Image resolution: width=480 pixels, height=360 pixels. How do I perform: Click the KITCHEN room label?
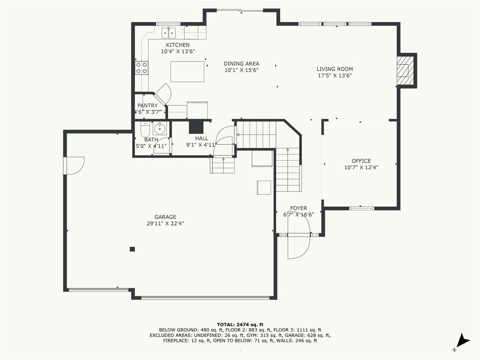click(x=178, y=45)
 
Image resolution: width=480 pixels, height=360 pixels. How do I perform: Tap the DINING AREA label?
click(x=241, y=64)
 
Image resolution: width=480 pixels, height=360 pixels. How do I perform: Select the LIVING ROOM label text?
click(x=335, y=69)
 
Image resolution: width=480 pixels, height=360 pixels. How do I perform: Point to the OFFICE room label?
click(x=361, y=161)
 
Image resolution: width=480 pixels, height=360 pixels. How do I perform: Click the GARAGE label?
click(x=165, y=217)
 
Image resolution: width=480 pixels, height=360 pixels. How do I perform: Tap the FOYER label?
click(x=299, y=208)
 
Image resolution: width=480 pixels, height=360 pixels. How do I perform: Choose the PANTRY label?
click(x=148, y=105)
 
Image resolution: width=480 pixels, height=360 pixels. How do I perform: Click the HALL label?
click(x=202, y=138)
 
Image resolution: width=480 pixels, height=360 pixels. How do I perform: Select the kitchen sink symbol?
click(x=169, y=32)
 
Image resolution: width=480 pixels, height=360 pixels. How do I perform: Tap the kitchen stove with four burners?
click(x=142, y=67)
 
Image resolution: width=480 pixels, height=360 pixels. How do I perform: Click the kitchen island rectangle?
click(x=187, y=72)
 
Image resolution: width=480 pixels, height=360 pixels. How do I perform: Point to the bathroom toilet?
click(x=145, y=130)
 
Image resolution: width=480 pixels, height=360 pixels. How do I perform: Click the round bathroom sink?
click(x=159, y=128)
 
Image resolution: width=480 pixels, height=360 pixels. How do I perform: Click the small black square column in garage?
click(x=132, y=249)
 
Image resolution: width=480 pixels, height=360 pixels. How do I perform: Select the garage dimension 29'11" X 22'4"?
click(x=165, y=224)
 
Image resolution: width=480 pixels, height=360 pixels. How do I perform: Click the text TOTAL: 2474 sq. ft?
click(x=240, y=324)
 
